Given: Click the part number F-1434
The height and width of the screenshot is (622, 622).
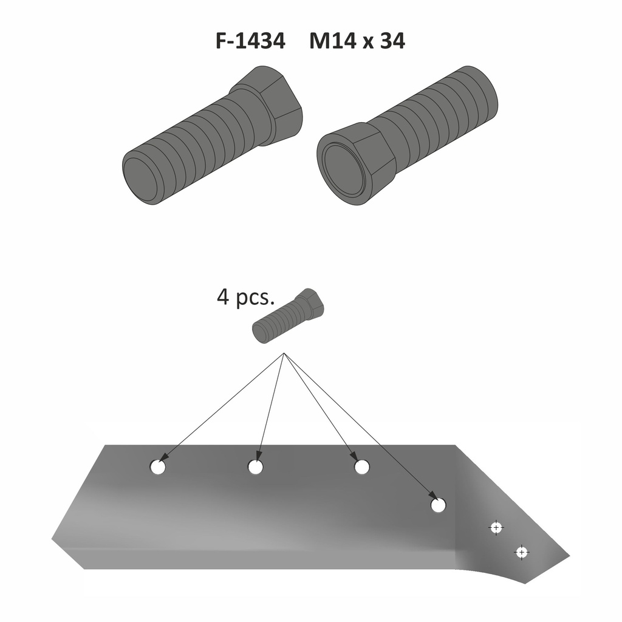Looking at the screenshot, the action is click(x=250, y=41).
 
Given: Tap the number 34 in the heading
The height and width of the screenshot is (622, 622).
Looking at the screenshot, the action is click(x=392, y=41).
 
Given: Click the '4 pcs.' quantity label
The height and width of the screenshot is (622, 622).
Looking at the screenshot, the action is click(x=245, y=297).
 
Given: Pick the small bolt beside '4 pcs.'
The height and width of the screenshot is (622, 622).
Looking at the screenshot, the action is click(x=289, y=316).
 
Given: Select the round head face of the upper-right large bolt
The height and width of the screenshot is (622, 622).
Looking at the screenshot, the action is click(x=344, y=171).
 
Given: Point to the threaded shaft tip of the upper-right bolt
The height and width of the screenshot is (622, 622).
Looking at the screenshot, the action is click(x=482, y=92).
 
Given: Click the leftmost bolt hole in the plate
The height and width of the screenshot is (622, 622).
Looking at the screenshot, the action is click(x=158, y=468).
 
